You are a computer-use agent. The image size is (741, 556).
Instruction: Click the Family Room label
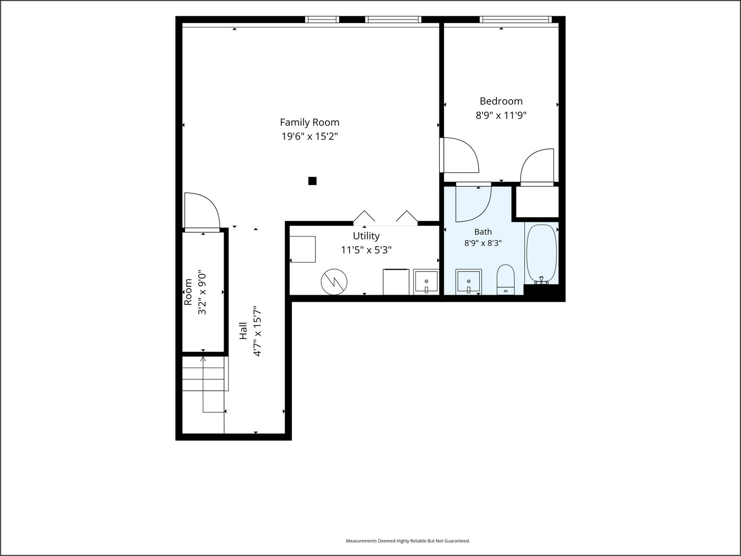pos(309,122)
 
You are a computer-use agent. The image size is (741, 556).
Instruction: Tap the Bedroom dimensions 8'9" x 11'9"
pos(501,115)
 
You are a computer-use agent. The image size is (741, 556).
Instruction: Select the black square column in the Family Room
pos(312,181)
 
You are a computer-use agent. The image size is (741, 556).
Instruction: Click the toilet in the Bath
pos(505,279)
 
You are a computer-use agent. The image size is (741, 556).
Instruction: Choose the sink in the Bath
pos(469,282)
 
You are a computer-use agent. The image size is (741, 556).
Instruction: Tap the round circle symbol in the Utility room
pos(334,282)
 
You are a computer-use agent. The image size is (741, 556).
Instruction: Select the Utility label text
pos(366,236)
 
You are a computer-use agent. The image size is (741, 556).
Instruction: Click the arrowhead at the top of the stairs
pos(203,359)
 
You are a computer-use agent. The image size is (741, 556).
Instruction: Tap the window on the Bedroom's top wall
pos(515,19)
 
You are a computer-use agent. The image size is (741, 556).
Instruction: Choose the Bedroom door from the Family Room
pos(459,155)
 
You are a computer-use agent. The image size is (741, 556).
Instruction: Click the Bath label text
pos(483,232)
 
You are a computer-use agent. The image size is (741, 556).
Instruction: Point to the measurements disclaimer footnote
pos(408,541)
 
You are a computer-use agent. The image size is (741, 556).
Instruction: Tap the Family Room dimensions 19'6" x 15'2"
pos(310,136)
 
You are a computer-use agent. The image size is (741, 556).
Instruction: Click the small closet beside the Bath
pos(536,202)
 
